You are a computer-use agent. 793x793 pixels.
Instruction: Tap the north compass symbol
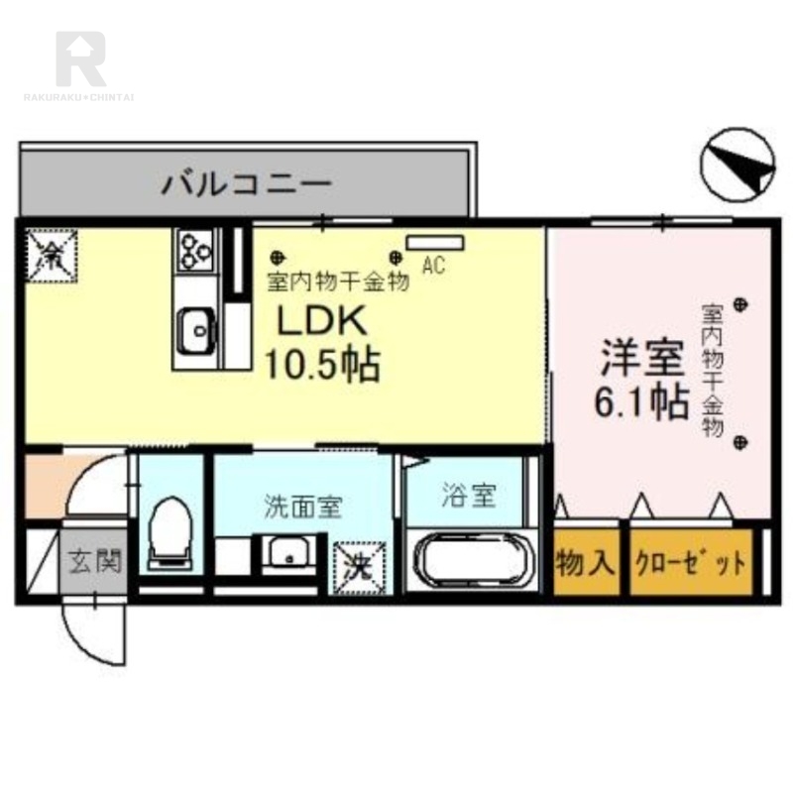736,163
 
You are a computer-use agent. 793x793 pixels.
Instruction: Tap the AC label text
432,265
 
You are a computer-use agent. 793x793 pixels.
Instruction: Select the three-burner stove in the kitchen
195,250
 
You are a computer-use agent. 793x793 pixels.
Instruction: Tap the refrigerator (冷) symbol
49,256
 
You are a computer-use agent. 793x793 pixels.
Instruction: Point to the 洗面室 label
303,507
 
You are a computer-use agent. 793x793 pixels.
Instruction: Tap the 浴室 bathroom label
468,496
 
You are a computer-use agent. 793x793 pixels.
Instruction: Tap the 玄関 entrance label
95,561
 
